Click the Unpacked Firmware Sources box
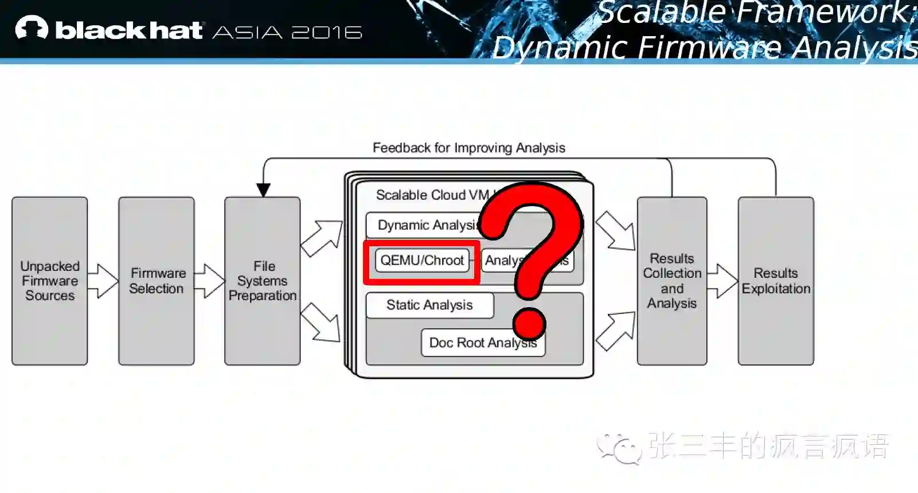[x=50, y=281]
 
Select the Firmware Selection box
[x=157, y=281]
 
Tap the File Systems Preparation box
[x=263, y=281]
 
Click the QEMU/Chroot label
[x=422, y=261]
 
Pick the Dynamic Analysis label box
[x=427, y=226]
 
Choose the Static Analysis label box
[x=429, y=305]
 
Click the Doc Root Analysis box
[x=483, y=343]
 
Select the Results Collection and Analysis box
[x=672, y=281]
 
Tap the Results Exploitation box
[x=776, y=281]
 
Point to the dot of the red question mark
[x=529, y=323]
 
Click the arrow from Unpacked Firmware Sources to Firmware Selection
[x=104, y=281]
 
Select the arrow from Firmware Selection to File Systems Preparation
[x=210, y=281]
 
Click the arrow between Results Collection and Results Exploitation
[x=722, y=281]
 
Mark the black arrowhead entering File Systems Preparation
[x=263, y=190]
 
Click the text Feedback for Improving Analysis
[x=469, y=148]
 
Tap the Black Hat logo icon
[x=32, y=28]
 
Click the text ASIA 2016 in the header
[x=287, y=32]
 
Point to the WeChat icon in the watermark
[x=619, y=447]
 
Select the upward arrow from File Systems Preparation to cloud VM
[x=322, y=238]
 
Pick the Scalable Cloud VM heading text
[x=432, y=195]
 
